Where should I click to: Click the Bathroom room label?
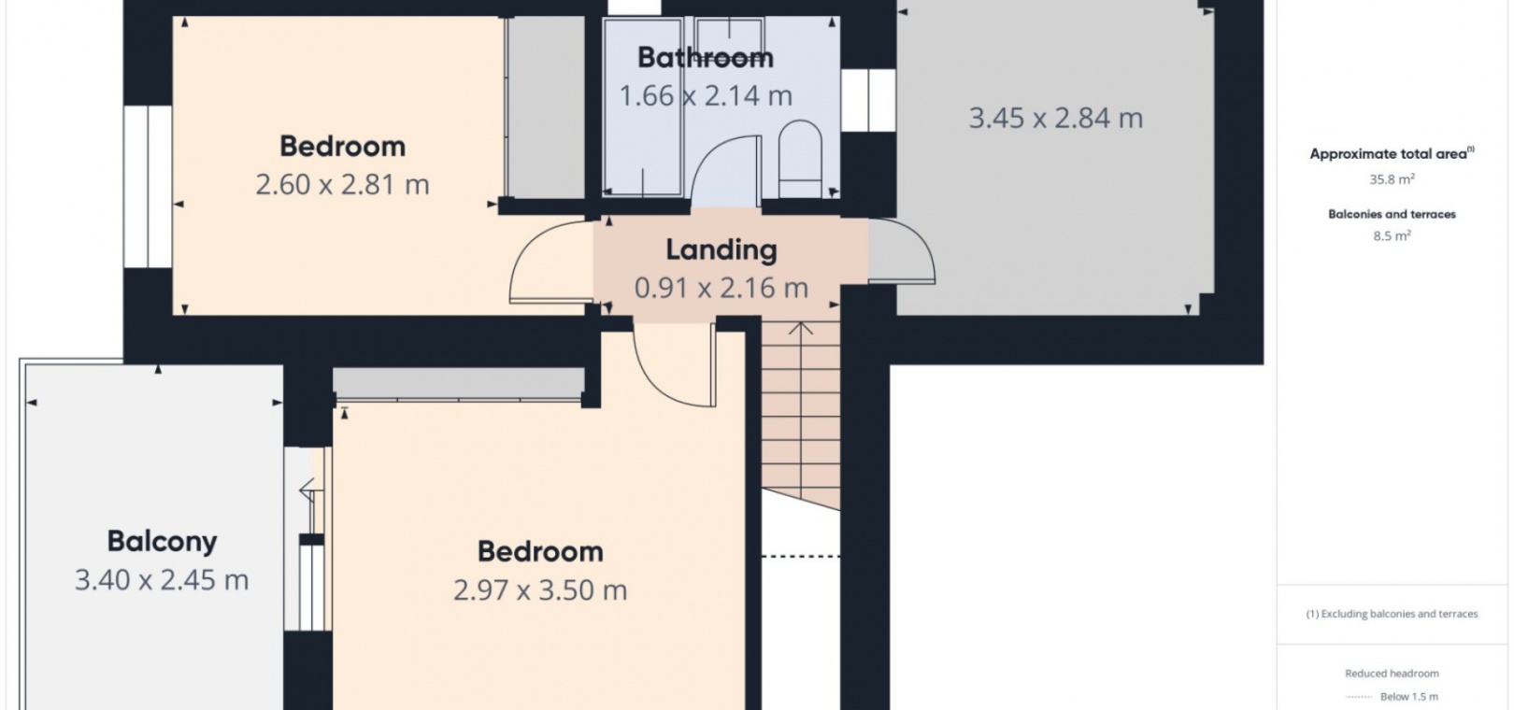click(x=705, y=57)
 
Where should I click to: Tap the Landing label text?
click(x=721, y=250)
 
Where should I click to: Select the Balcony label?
click(x=162, y=542)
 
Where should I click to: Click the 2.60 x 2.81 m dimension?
click(x=342, y=184)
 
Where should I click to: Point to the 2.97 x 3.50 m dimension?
click(x=540, y=590)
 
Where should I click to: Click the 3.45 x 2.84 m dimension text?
click(x=1056, y=119)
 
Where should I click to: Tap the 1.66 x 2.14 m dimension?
click(x=706, y=96)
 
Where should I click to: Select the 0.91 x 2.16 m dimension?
click(x=721, y=289)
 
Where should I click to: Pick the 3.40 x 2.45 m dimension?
click(x=162, y=580)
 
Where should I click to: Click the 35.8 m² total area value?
click(x=1392, y=179)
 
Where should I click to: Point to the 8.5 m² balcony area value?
click(x=1392, y=235)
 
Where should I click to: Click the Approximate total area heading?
click(x=1392, y=153)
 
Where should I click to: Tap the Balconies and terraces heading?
click(x=1392, y=214)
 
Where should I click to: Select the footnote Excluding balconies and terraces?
click(x=1392, y=614)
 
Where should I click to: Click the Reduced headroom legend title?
click(x=1392, y=674)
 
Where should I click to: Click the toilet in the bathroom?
click(x=800, y=159)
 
